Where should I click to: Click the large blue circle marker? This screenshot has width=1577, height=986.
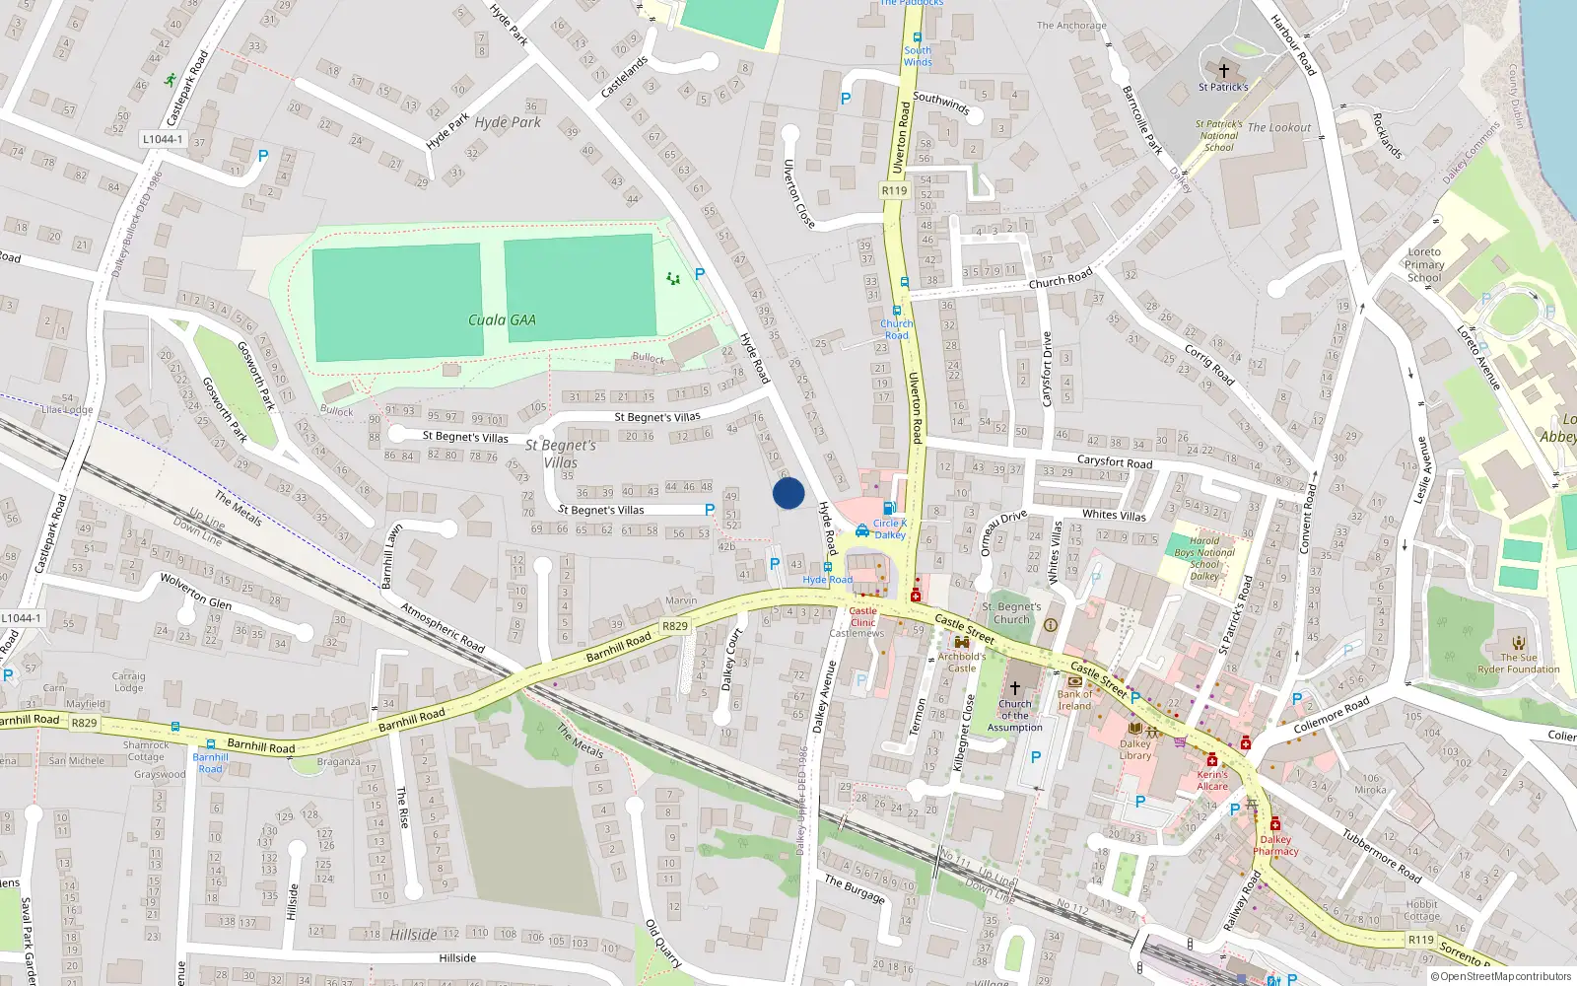click(788, 493)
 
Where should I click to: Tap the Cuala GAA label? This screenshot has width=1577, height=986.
click(502, 319)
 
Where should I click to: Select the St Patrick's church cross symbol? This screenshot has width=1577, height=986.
click(1224, 71)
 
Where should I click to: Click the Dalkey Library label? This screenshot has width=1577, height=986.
click(1135, 750)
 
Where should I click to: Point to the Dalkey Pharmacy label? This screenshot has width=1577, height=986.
click(1275, 846)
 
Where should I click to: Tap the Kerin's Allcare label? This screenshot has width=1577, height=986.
click(1212, 780)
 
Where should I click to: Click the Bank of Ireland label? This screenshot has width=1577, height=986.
click(1074, 699)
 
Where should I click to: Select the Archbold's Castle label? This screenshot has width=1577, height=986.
click(961, 662)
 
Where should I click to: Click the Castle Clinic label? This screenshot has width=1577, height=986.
click(862, 616)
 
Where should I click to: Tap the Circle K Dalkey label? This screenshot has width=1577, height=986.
click(889, 528)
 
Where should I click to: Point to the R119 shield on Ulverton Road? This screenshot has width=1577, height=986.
click(894, 190)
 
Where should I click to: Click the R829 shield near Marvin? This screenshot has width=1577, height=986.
click(675, 626)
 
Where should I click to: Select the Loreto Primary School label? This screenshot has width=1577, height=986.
click(1424, 265)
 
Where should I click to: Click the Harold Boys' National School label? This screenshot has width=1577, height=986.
click(1204, 558)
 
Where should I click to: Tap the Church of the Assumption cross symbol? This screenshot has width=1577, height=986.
click(1014, 687)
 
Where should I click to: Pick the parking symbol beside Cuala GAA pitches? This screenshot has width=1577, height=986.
click(700, 274)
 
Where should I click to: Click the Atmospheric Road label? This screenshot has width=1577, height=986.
click(443, 627)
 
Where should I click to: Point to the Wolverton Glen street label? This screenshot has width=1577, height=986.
click(196, 590)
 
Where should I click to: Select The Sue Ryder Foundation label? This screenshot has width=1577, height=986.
click(1518, 664)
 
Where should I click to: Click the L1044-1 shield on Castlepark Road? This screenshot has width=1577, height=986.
click(163, 139)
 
